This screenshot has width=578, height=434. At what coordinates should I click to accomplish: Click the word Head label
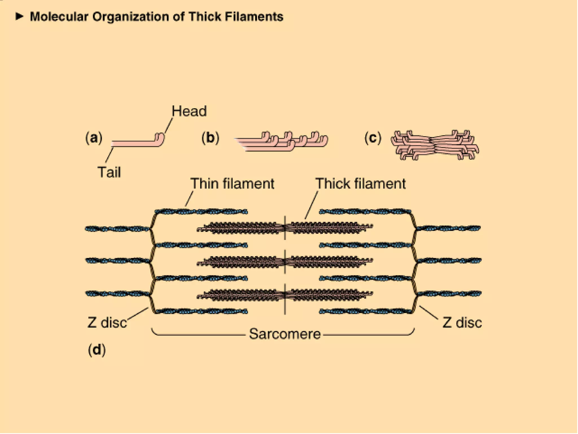point(189,111)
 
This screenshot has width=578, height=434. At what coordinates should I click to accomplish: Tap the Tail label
point(109,172)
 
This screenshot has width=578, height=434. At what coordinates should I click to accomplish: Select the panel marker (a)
point(94,138)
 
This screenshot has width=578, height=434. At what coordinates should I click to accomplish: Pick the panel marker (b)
point(210,138)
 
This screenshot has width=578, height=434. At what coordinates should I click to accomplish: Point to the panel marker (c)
point(373,138)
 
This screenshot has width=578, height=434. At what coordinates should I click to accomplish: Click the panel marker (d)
point(97,350)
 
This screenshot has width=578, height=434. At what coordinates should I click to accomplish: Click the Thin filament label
point(232,184)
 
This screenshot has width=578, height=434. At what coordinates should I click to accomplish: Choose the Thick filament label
point(360,184)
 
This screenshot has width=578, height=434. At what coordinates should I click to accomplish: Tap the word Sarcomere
point(285,334)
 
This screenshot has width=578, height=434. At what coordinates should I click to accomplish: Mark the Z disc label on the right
point(462,322)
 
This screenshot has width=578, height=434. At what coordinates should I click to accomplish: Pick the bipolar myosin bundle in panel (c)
point(435,145)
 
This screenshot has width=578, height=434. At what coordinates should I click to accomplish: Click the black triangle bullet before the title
point(19,16)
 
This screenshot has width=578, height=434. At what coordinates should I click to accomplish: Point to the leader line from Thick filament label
point(311,205)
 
